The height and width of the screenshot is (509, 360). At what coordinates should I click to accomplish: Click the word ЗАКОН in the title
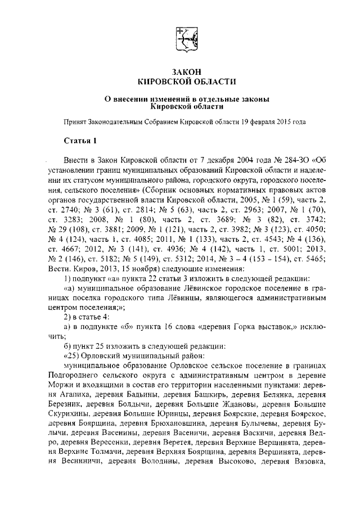(180, 73)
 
